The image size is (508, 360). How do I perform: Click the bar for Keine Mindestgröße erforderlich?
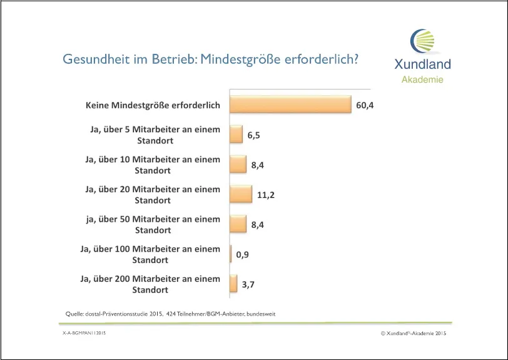point(290,105)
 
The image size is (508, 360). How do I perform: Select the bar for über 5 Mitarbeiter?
point(236,135)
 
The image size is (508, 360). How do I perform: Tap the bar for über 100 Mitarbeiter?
point(231,254)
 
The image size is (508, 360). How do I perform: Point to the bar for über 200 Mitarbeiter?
point(233,284)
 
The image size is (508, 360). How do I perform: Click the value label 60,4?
point(365,105)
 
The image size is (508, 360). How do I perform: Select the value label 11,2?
point(266,195)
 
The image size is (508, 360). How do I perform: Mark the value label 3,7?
point(248,284)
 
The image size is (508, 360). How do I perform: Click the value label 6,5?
point(253,135)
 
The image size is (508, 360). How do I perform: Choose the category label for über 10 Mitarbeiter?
point(153,165)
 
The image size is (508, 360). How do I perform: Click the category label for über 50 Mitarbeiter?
point(153,225)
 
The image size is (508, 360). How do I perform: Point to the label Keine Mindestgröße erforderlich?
point(153,105)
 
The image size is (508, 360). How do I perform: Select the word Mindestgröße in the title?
point(238,59)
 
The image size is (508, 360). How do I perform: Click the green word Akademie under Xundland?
point(422,80)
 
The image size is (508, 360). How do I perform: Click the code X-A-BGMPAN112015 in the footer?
point(83,334)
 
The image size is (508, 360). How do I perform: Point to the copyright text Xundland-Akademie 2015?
point(414,334)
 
